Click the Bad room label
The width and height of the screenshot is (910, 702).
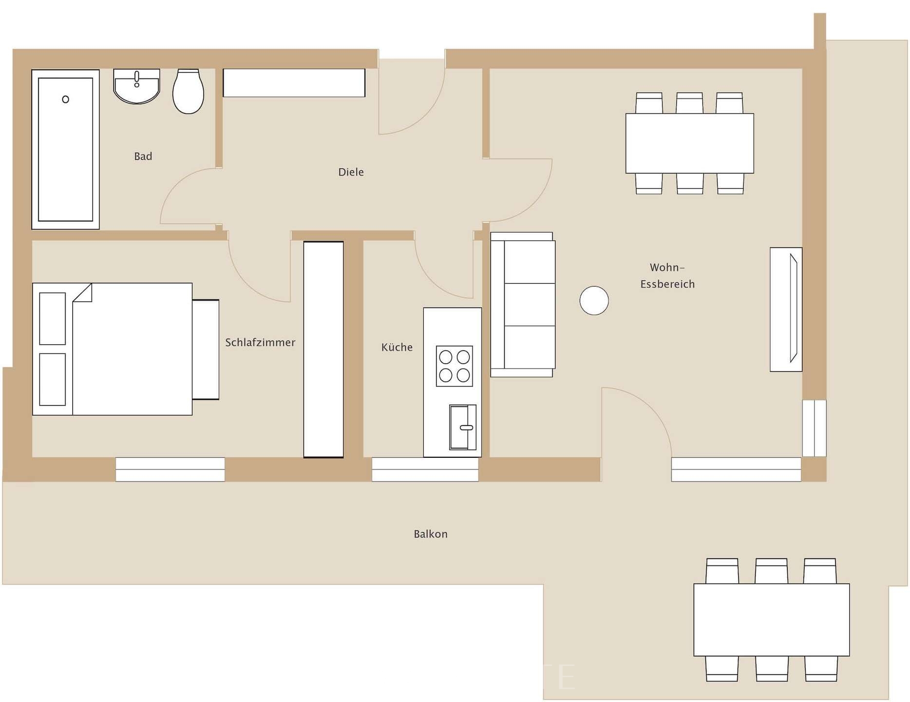pyautogui.click(x=143, y=156)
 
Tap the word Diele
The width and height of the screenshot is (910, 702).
pyautogui.click(x=351, y=172)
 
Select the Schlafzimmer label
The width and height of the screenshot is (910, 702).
pyautogui.click(x=260, y=343)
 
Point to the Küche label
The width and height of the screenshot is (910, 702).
pyautogui.click(x=397, y=348)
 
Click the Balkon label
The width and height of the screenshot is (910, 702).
pyautogui.click(x=430, y=534)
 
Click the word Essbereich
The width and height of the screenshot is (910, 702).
pyautogui.click(x=667, y=284)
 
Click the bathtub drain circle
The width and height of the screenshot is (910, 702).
pyautogui.click(x=66, y=99)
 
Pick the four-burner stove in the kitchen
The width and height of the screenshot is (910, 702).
pyautogui.click(x=454, y=366)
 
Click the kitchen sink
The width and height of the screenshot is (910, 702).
pyautogui.click(x=462, y=427)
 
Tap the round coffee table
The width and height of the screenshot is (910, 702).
pyautogui.click(x=594, y=300)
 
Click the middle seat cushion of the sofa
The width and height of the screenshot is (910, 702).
pyautogui.click(x=529, y=305)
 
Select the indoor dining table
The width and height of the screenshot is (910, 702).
pyautogui.click(x=689, y=143)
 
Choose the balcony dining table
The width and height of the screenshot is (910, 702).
pyautogui.click(x=771, y=620)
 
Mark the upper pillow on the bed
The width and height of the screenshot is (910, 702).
pyautogui.click(x=52, y=318)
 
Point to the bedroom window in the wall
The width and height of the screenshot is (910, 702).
pyautogui.click(x=170, y=469)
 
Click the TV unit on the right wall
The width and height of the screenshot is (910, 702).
pyautogui.click(x=785, y=310)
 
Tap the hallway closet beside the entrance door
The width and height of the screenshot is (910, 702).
pyautogui.click(x=294, y=83)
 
